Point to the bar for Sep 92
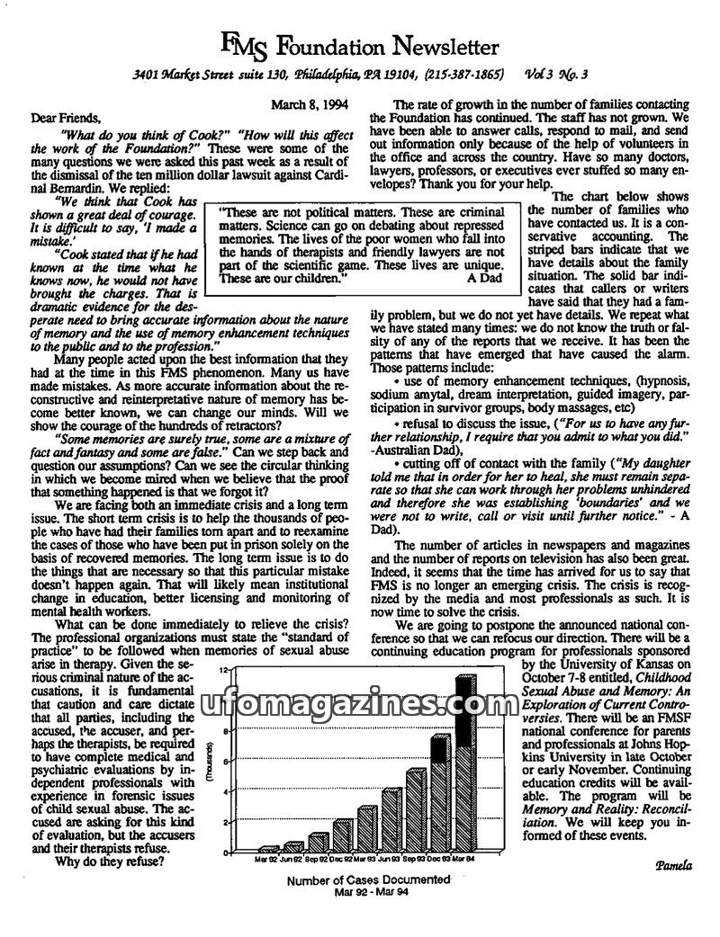[318, 841]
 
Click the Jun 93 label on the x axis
[391, 859]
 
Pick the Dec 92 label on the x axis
[342, 859]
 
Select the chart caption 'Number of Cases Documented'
[367, 881]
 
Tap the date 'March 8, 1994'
[310, 104]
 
